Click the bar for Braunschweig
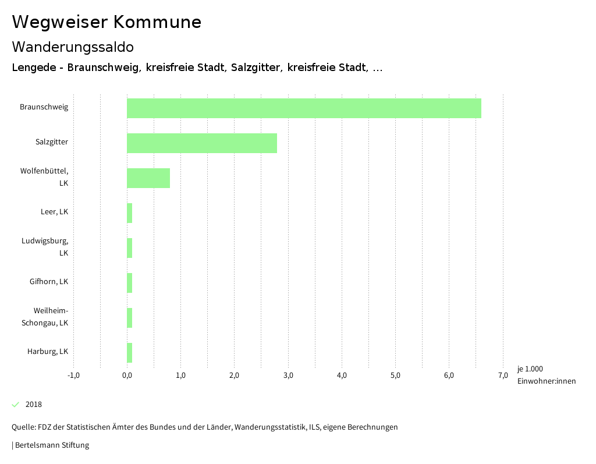[x=304, y=108]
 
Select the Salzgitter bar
[x=202, y=143]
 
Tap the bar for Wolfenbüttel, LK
[x=148, y=178]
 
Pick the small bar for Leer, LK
[x=130, y=213]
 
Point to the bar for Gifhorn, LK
[x=130, y=283]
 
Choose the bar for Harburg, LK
[x=130, y=353]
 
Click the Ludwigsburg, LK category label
[x=45, y=247]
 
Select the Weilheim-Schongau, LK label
[x=45, y=317]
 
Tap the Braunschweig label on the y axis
[x=44, y=107]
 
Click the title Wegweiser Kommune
[x=107, y=22]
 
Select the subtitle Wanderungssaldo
[x=73, y=47]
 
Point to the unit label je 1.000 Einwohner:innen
[x=546, y=375]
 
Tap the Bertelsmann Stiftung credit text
[x=52, y=445]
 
